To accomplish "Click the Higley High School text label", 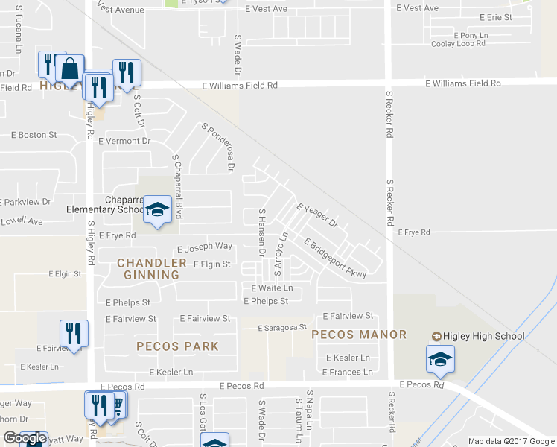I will tap(483, 336).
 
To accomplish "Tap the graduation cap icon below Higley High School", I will tap(440, 359).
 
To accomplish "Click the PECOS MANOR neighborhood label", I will tap(359, 335).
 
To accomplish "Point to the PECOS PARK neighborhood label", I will tap(177, 346).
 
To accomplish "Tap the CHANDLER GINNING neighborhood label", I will tap(152, 269).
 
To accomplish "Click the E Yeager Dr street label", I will tap(317, 216).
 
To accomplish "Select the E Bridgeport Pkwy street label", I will tap(335, 258).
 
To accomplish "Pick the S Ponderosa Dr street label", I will tap(217, 148).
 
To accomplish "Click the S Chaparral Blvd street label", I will tap(177, 187).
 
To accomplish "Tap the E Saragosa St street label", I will tap(282, 328).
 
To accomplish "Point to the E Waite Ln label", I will tap(272, 288).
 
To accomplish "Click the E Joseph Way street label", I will tap(204, 247).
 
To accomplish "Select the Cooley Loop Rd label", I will tap(458, 44).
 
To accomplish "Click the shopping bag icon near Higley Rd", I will tap(69, 69).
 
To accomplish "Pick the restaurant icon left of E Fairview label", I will tap(74, 333).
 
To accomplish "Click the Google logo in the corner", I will tap(25, 439).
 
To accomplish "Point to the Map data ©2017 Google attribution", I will tap(511, 441).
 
